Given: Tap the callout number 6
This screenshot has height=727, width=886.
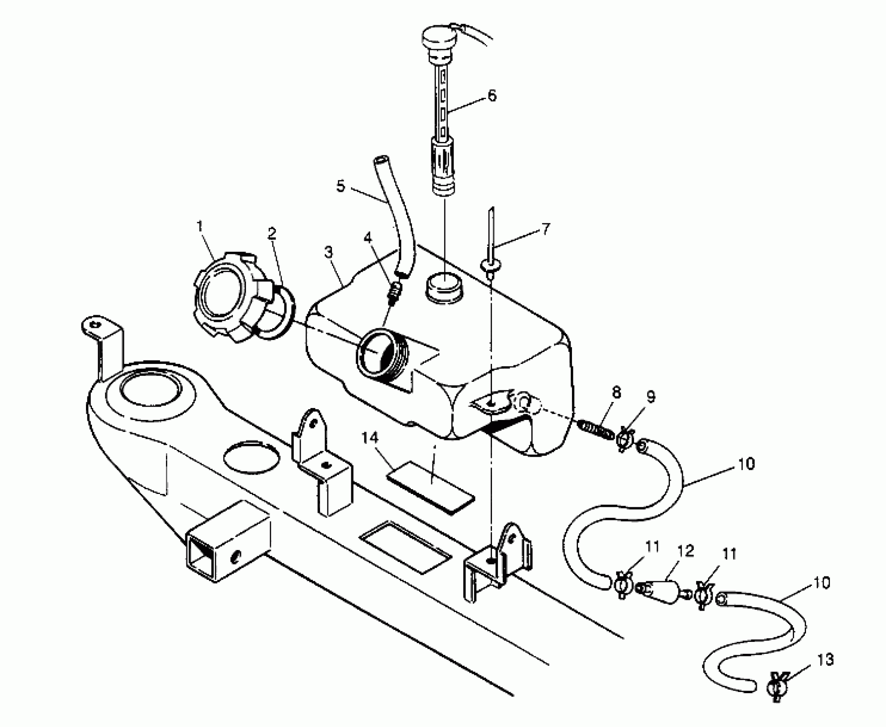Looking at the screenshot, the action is pos(492,96).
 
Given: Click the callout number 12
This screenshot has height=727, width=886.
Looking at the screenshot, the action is pos(685,551).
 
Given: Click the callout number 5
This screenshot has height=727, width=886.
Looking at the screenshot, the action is pos(341,186).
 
